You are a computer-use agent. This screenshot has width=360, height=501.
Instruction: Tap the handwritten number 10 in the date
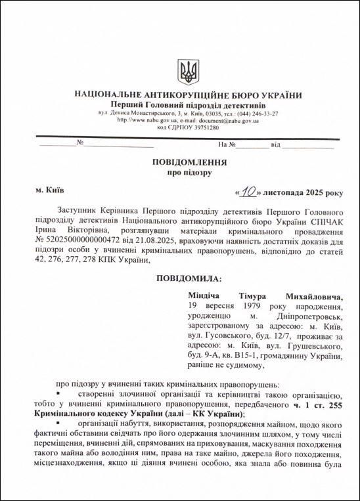click(247, 192)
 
